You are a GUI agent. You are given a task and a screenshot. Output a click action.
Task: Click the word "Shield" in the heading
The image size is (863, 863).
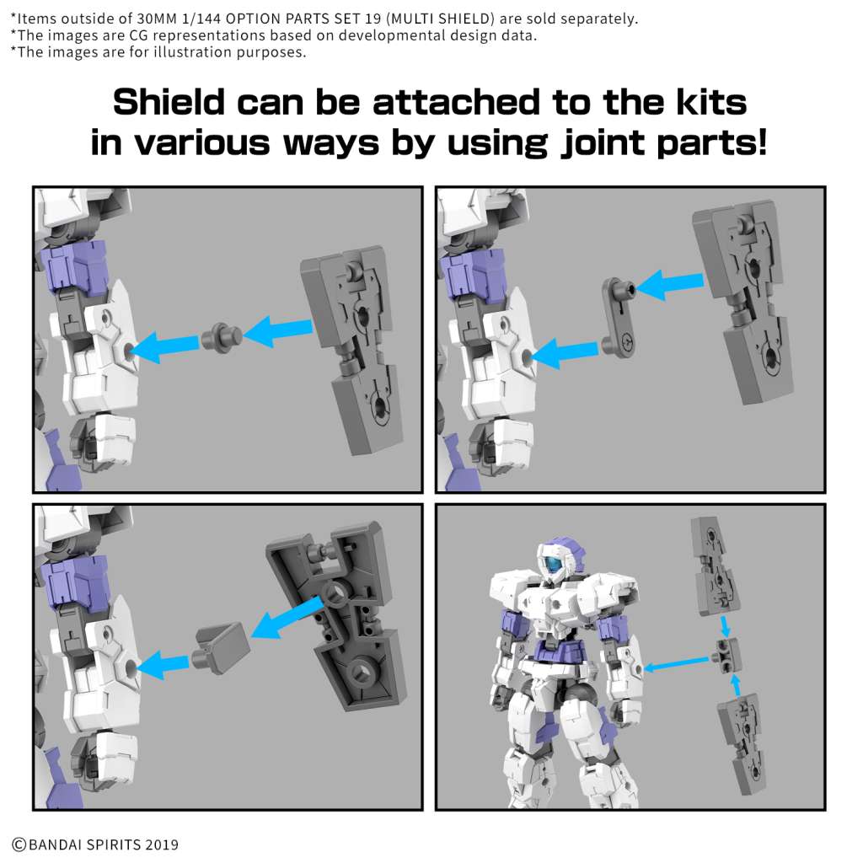169,104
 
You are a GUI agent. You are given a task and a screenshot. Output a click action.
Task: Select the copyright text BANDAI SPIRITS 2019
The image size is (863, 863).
94,844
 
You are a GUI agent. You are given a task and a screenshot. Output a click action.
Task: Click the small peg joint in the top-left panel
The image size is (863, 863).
220,337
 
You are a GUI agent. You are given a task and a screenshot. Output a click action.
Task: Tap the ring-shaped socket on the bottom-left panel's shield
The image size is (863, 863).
335,593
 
